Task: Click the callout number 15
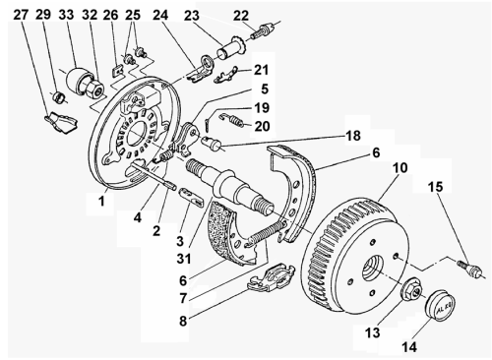[434, 186]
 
